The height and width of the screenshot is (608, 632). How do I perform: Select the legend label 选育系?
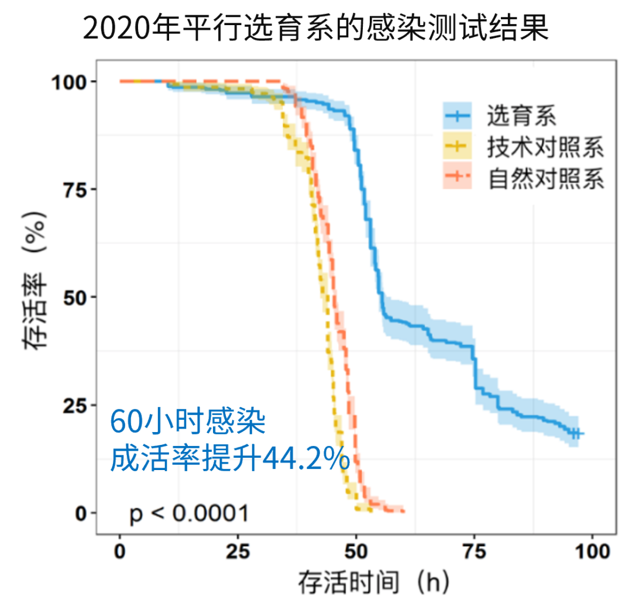coord(521,116)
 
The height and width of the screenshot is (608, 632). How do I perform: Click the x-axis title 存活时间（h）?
coord(375,582)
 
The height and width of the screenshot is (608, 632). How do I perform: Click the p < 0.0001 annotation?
coord(189,514)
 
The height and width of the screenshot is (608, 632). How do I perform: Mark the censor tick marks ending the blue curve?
coord(576,433)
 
